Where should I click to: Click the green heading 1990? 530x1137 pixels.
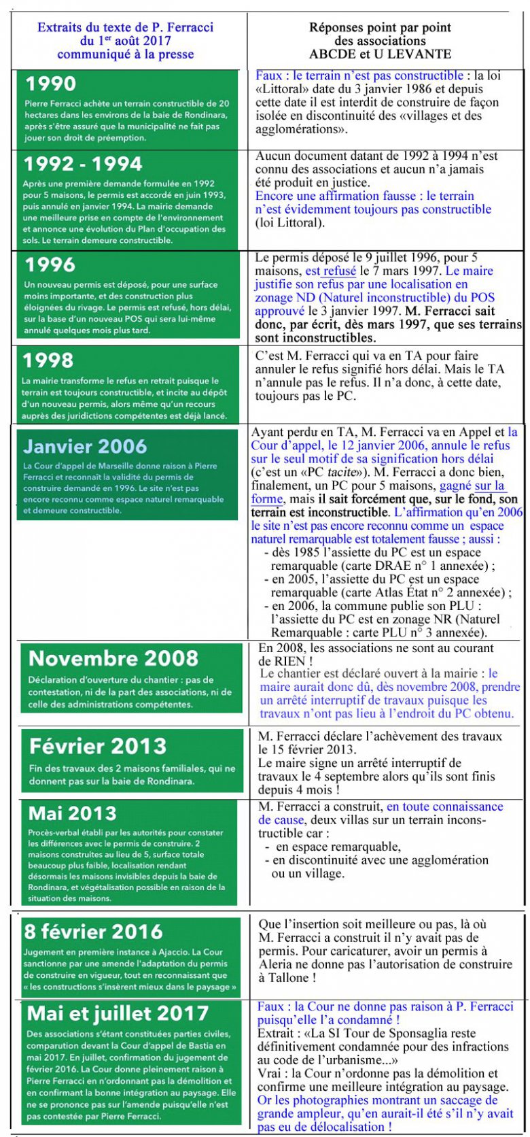click(51, 84)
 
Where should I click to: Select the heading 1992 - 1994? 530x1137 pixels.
click(83, 164)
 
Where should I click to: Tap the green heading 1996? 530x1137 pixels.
click(50, 265)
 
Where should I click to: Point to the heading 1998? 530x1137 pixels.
click(49, 360)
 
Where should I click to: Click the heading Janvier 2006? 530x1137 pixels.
click(85, 446)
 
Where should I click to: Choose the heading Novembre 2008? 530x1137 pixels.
click(113, 658)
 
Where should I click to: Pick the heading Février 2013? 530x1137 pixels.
click(98, 746)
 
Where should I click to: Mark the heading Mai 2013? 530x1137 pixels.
click(73, 813)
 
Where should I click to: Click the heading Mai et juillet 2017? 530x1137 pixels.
click(118, 1013)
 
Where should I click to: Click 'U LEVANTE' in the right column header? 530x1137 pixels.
click(417, 54)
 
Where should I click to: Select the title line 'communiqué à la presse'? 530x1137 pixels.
click(126, 54)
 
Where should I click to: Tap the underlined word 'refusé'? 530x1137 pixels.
click(339, 271)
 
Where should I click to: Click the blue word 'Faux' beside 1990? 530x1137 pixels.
click(269, 76)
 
